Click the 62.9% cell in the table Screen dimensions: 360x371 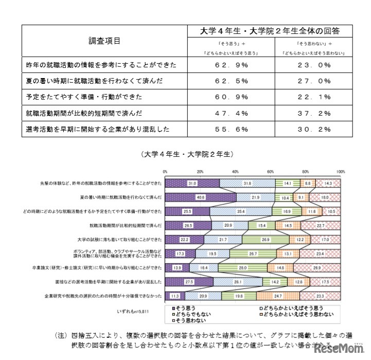231,65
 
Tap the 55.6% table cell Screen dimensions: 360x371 231,129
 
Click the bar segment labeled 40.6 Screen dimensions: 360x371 201,197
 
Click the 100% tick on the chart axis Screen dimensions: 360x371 340,172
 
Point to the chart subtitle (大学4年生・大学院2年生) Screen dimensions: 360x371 187,154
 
